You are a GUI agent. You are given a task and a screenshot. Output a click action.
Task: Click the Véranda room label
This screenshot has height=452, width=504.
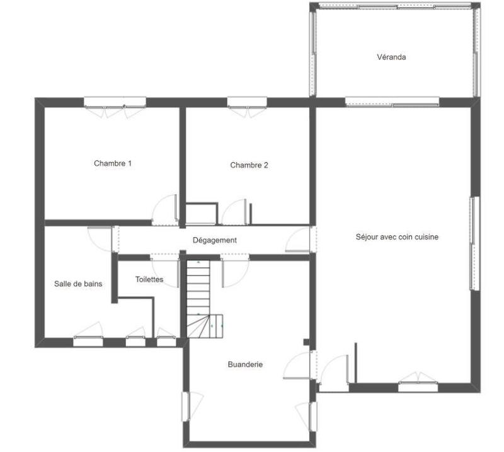[x=391, y=57]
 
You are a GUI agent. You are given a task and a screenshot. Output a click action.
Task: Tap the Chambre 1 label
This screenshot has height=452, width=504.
[x=113, y=163]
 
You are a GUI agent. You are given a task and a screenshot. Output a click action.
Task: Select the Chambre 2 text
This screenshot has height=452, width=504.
[x=249, y=165]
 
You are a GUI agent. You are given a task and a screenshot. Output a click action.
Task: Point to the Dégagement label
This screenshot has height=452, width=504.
[x=214, y=240]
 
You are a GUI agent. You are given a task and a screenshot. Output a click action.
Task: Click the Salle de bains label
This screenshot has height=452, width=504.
[x=78, y=284]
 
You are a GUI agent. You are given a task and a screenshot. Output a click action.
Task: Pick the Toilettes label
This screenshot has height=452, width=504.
[x=149, y=279]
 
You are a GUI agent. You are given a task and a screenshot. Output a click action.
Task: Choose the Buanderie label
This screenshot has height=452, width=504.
[x=245, y=364]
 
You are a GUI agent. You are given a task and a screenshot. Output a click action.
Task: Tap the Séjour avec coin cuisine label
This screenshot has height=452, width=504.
[x=397, y=237]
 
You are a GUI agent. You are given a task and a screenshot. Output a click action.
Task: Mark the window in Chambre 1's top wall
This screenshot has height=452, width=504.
[x=115, y=101]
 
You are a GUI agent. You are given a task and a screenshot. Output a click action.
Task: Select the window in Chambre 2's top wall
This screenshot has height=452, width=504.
[x=247, y=101]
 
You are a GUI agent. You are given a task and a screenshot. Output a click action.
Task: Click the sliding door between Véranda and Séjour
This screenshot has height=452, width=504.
[x=392, y=101]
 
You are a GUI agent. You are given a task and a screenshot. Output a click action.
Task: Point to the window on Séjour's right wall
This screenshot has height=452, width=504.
[x=474, y=243]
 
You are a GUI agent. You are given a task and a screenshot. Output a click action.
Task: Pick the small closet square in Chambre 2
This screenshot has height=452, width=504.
[x=202, y=213]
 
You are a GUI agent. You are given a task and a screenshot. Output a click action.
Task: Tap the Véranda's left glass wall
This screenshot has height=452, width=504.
[x=312, y=50]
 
